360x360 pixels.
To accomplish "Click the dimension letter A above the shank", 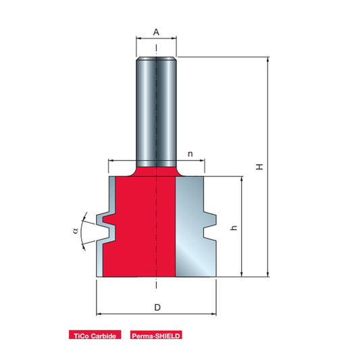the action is coord(156,32).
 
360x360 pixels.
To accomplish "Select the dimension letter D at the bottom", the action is coord(157,307).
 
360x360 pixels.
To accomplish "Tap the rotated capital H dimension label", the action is coord(259,167).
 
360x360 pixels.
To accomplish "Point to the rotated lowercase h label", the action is coord(234,228).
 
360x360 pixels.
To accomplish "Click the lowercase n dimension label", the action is coord(190,154).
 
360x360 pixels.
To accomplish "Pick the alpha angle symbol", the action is coord(75,230).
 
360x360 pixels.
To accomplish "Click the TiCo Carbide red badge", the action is coord(95,335).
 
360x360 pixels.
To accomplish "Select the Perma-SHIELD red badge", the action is coord(156,335).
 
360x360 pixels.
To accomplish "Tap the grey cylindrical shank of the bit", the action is coord(156,112).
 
